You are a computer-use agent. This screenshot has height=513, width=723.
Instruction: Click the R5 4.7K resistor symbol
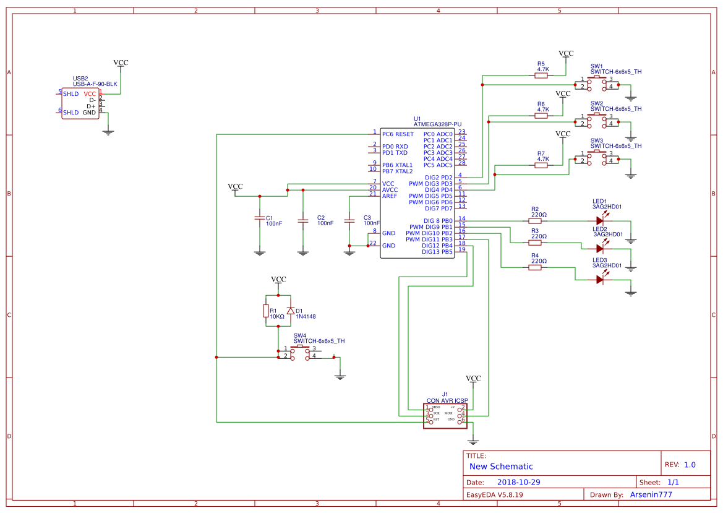(542, 75)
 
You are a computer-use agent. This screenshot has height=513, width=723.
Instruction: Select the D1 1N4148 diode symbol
(290, 311)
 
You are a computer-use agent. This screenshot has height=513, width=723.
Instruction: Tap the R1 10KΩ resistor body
(266, 311)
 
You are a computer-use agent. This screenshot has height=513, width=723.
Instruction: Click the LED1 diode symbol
(599, 220)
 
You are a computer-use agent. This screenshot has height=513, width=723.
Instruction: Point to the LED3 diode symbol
(599, 280)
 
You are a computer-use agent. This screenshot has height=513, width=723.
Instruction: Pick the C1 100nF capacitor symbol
(259, 218)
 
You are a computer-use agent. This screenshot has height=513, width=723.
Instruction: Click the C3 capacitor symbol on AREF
(349, 218)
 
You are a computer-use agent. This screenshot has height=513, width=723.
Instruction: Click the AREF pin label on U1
(390, 196)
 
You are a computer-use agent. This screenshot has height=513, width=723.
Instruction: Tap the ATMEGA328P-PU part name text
(437, 124)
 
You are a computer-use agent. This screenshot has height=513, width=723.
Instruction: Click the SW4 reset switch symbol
(300, 353)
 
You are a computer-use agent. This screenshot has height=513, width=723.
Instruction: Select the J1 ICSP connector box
(445, 413)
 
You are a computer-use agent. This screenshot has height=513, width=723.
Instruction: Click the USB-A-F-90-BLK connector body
(80, 103)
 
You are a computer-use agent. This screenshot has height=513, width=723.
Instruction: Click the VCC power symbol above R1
(279, 280)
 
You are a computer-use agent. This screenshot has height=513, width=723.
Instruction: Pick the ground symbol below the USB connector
(108, 131)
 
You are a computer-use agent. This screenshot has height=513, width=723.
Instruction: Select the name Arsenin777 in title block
(651, 494)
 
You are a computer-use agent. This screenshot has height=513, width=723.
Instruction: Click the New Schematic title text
(501, 467)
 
